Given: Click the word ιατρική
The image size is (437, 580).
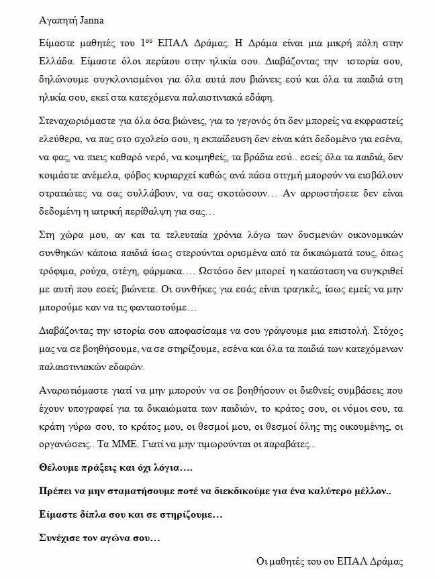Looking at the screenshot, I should coord(127,211).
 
